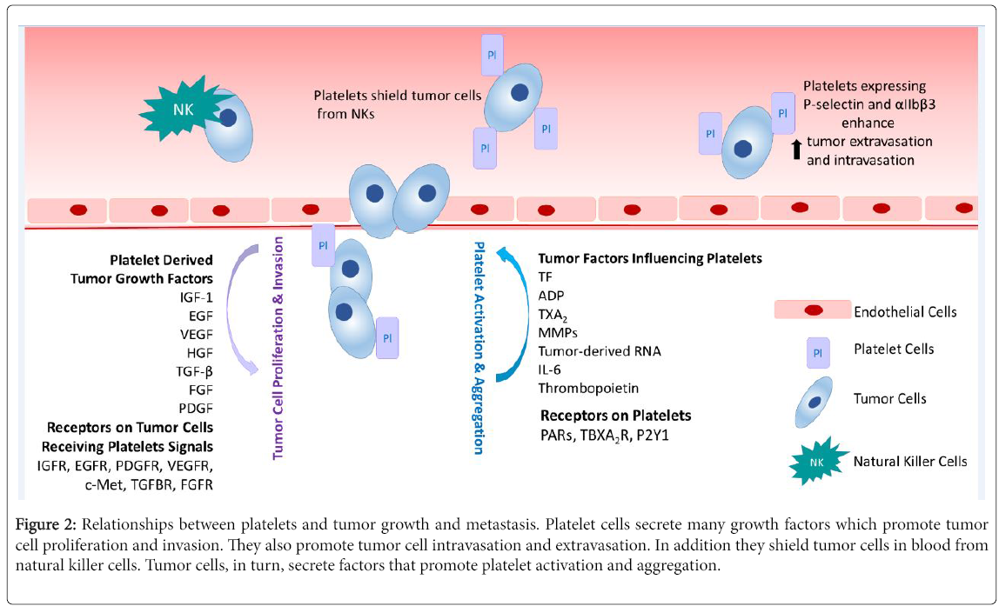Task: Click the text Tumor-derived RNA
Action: coord(599,351)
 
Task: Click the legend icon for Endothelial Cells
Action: coord(812,310)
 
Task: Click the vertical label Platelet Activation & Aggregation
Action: coord(479,346)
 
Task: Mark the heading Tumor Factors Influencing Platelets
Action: coord(650,258)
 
